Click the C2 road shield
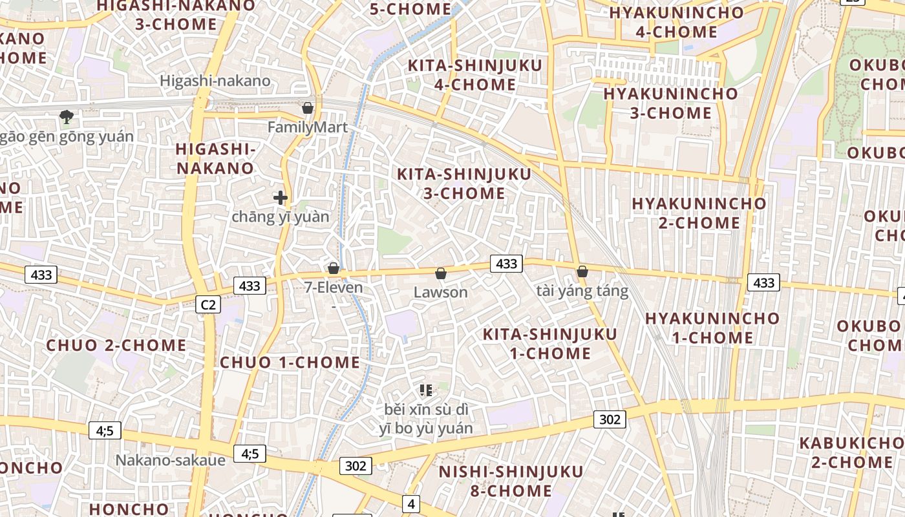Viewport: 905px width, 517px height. pos(208,304)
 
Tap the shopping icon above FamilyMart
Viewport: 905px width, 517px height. pos(308,108)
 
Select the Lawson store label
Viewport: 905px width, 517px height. pos(440,292)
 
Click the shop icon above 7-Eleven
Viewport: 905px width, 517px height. pos(334,268)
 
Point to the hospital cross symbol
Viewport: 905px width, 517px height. pos(280,198)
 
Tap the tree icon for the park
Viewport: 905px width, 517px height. pos(66,117)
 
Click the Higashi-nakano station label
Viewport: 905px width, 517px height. pos(215,81)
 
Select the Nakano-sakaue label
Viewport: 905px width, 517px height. pos(170,460)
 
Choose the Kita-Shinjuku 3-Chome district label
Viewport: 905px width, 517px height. pos(463,184)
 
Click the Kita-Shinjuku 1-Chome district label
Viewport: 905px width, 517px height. pos(550,344)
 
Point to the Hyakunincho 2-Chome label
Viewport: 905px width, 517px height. pos(699,213)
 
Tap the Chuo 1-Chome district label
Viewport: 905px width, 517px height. pos(290,363)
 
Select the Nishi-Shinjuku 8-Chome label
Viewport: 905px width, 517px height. pos(511,481)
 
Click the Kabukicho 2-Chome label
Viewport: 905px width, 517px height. pos(852,452)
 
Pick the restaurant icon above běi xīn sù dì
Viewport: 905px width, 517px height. pos(425,390)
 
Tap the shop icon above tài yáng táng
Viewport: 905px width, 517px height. pos(582,271)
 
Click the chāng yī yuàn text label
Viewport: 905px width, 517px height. pos(280,217)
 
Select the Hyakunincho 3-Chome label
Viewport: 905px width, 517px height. pos(670,103)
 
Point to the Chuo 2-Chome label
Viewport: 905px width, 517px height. pos(116,345)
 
